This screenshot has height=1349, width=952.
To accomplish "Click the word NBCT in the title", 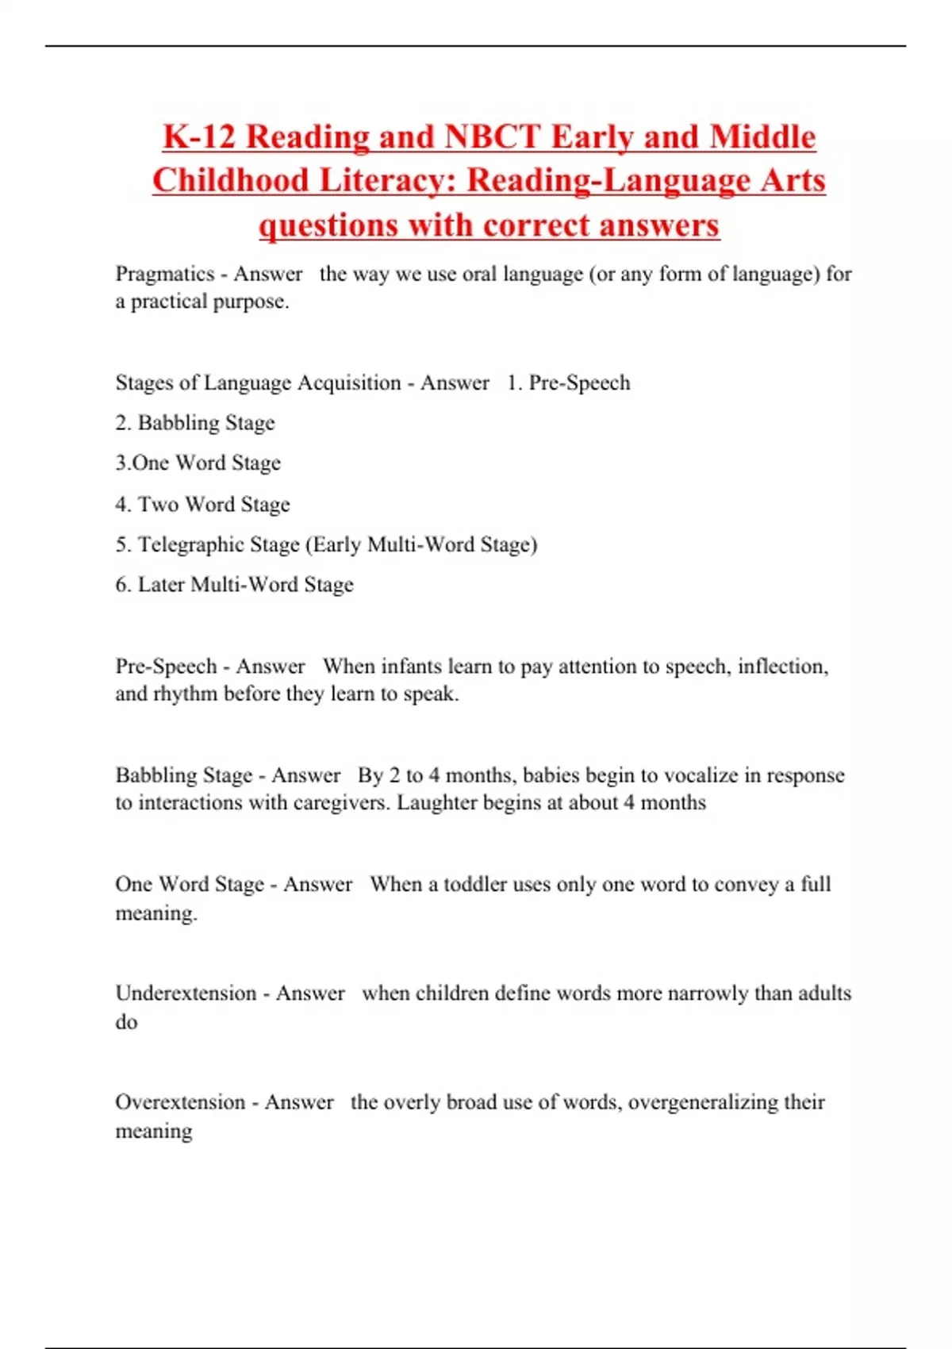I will coord(492,136).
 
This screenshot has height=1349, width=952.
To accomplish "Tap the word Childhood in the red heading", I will coord(231,180).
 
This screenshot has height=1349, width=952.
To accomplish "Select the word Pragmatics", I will coord(165,274).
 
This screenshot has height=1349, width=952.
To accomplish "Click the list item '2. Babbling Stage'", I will coord(195,423).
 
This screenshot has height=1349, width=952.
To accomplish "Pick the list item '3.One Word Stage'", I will coord(198,463).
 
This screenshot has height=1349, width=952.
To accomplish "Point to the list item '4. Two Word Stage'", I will coord(203,505).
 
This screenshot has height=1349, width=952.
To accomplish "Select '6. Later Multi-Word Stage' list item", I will coord(235,585).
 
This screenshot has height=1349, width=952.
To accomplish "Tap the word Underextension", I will coord(186,993).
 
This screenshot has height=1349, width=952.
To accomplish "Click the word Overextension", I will coord(180,1102).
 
